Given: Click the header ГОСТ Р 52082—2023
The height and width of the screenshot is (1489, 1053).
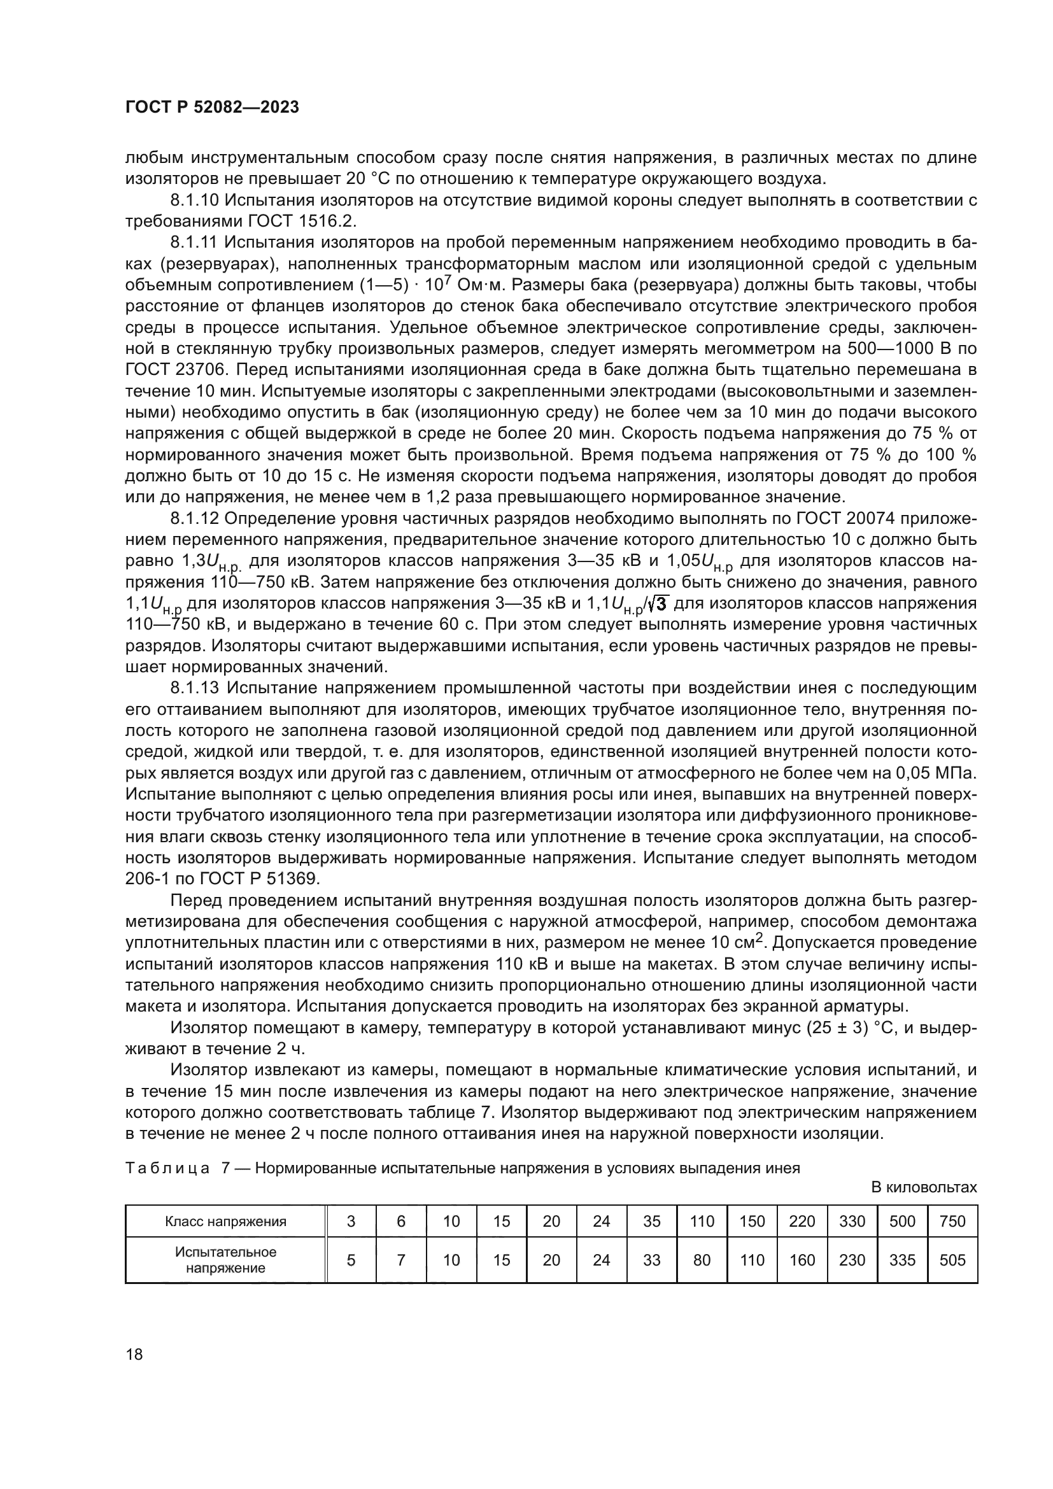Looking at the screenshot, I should click(212, 108).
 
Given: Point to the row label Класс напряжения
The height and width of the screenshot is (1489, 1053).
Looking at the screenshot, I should click(225, 1222).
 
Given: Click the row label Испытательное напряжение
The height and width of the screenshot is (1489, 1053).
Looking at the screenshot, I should click(225, 1260).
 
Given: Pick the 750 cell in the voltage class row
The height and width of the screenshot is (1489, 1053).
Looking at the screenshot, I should click(952, 1222).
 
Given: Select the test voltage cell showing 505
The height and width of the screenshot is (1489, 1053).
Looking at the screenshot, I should click(952, 1260).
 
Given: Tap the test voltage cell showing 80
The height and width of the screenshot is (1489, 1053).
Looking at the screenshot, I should click(702, 1260).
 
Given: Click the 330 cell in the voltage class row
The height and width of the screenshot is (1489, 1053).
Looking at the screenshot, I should click(852, 1222).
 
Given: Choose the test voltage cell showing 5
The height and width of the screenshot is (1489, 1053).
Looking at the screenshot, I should click(351, 1260).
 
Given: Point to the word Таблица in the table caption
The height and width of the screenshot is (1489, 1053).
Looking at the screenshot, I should click(167, 1168).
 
